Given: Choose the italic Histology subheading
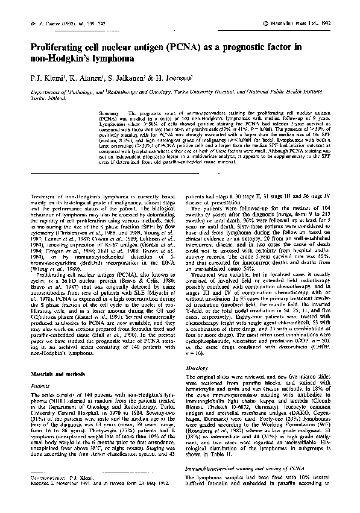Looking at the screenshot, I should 198,367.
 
